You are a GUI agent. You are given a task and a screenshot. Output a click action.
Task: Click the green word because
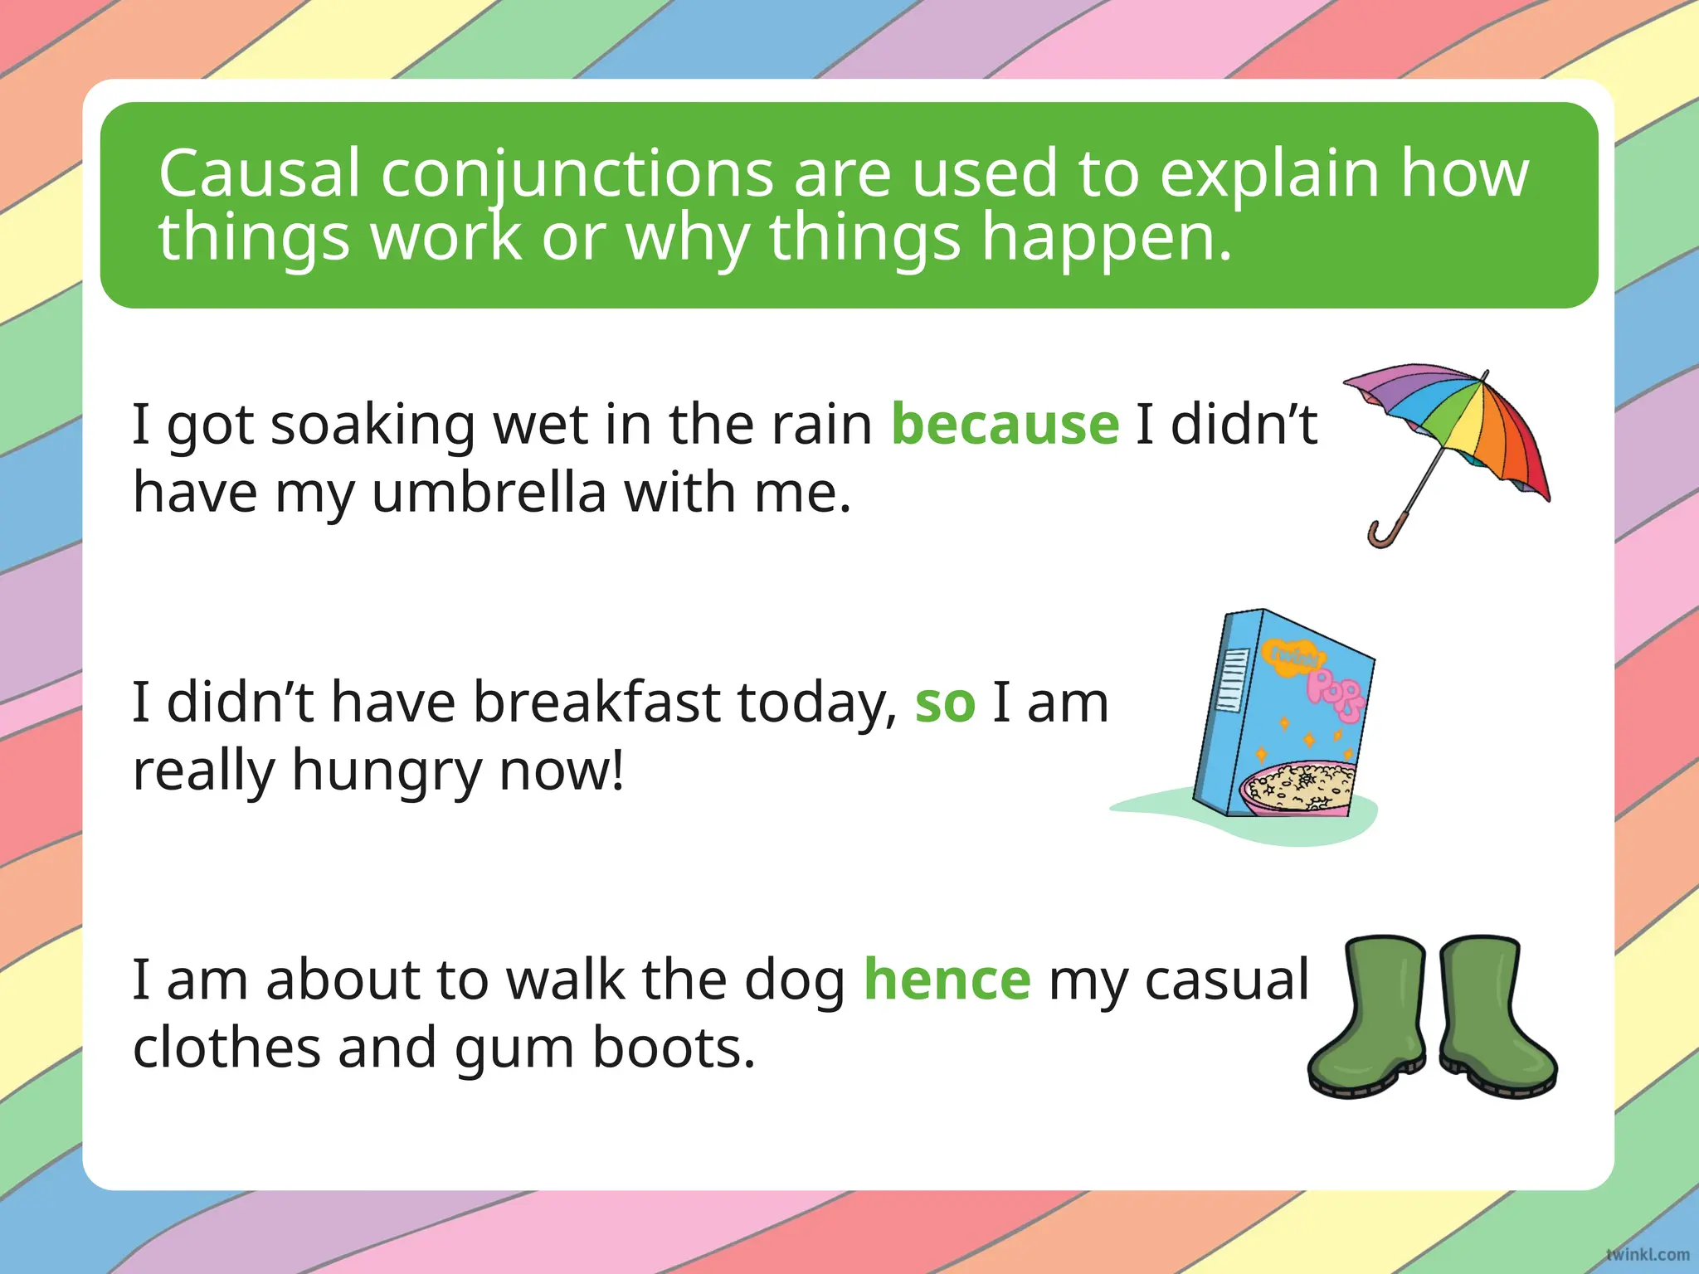click(1005, 425)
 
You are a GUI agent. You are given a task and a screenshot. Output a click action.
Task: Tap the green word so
click(945, 703)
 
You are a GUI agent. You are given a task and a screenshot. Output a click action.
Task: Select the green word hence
click(947, 980)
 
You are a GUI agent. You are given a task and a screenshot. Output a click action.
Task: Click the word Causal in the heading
click(260, 173)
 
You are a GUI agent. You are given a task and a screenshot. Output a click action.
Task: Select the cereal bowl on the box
click(1298, 788)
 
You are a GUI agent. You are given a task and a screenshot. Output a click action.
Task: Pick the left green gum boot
click(1369, 1020)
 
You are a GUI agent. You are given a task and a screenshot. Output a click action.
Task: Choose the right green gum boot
click(1493, 1020)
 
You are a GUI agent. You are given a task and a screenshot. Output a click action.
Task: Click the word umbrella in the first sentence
click(489, 493)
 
